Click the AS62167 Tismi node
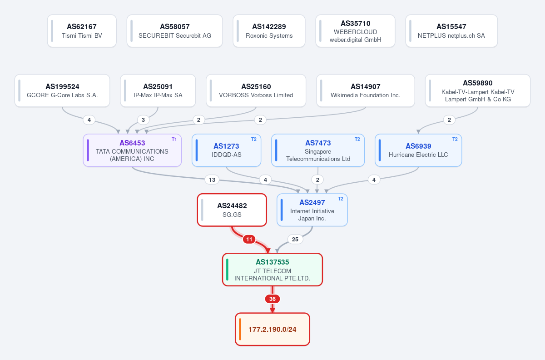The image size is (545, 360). [x=82, y=31]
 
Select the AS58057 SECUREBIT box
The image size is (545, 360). [x=175, y=31]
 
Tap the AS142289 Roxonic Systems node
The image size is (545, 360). [x=269, y=31]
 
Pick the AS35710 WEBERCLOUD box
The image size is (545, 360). [x=355, y=31]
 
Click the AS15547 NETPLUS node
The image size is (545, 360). [x=451, y=31]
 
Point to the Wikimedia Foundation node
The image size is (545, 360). [x=366, y=90]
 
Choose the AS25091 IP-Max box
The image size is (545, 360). [x=158, y=90]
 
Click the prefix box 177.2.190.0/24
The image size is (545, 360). [x=272, y=329]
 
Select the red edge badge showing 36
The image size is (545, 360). [x=272, y=299]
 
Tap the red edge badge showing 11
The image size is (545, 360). [x=249, y=240]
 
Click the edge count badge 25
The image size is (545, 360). [x=295, y=240]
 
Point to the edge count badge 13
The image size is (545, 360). [x=212, y=180]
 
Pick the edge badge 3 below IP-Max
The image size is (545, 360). [x=144, y=120]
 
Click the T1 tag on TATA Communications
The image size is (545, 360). [x=174, y=140]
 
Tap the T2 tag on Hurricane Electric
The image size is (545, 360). [x=455, y=140]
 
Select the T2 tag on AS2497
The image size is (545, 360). [x=341, y=199]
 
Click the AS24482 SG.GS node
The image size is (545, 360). [x=232, y=210]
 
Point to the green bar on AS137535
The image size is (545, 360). [x=227, y=270]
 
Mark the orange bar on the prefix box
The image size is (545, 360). [x=240, y=329]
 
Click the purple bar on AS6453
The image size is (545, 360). [x=88, y=150]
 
